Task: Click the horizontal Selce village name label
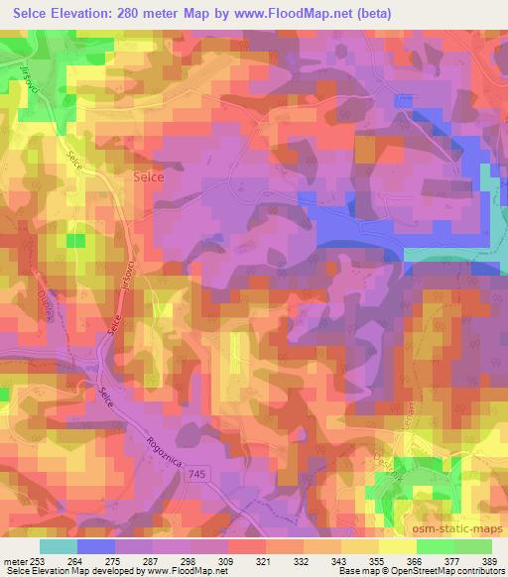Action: point(149,176)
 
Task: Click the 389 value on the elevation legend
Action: point(487,561)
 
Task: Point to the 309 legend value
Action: point(226,561)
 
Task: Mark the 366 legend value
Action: point(413,561)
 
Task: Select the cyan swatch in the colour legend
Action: point(59,545)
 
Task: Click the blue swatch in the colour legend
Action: point(96,545)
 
